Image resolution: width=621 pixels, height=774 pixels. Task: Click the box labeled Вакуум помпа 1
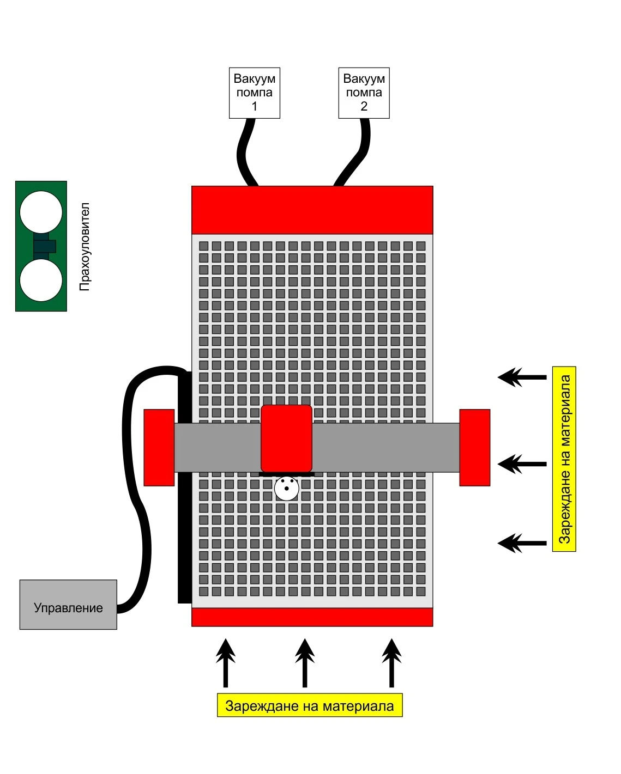coord(254,93)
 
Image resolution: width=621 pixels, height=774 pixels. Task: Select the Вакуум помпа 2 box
coord(364,93)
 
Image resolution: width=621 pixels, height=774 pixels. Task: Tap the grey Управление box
coord(68,605)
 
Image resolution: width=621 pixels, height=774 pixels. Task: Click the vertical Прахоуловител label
coord(85,247)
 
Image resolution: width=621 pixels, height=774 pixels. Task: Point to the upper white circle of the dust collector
coord(41,212)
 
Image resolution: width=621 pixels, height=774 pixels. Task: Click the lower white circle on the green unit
coord(41,280)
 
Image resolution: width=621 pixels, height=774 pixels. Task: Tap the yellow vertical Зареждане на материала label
coord(564,459)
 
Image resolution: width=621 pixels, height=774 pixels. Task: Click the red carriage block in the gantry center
coord(286,438)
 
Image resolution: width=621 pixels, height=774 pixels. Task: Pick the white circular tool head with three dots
coord(286,489)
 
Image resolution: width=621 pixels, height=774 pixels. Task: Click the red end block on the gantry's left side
coord(159,447)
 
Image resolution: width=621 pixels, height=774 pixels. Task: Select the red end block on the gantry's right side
coord(474,447)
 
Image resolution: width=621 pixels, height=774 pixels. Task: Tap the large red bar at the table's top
coord(312,210)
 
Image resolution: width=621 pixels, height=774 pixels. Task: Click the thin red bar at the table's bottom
coord(312,617)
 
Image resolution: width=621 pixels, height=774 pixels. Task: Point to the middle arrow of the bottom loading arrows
coord(305,662)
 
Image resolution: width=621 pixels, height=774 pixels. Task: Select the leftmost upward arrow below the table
coord(225,662)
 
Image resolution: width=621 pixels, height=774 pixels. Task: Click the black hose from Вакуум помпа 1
coord(244,153)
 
